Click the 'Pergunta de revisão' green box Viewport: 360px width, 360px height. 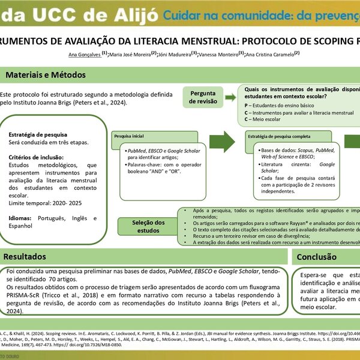pyautogui.click(x=204, y=97)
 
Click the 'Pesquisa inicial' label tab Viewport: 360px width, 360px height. pyautogui.click(x=130, y=137)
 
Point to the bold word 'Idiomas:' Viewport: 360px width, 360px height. pyautogui.click(x=20, y=218)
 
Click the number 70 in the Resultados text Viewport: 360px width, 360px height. pyautogui.click(x=53, y=263)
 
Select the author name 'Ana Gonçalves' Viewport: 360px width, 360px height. pyautogui.click(x=84, y=54)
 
